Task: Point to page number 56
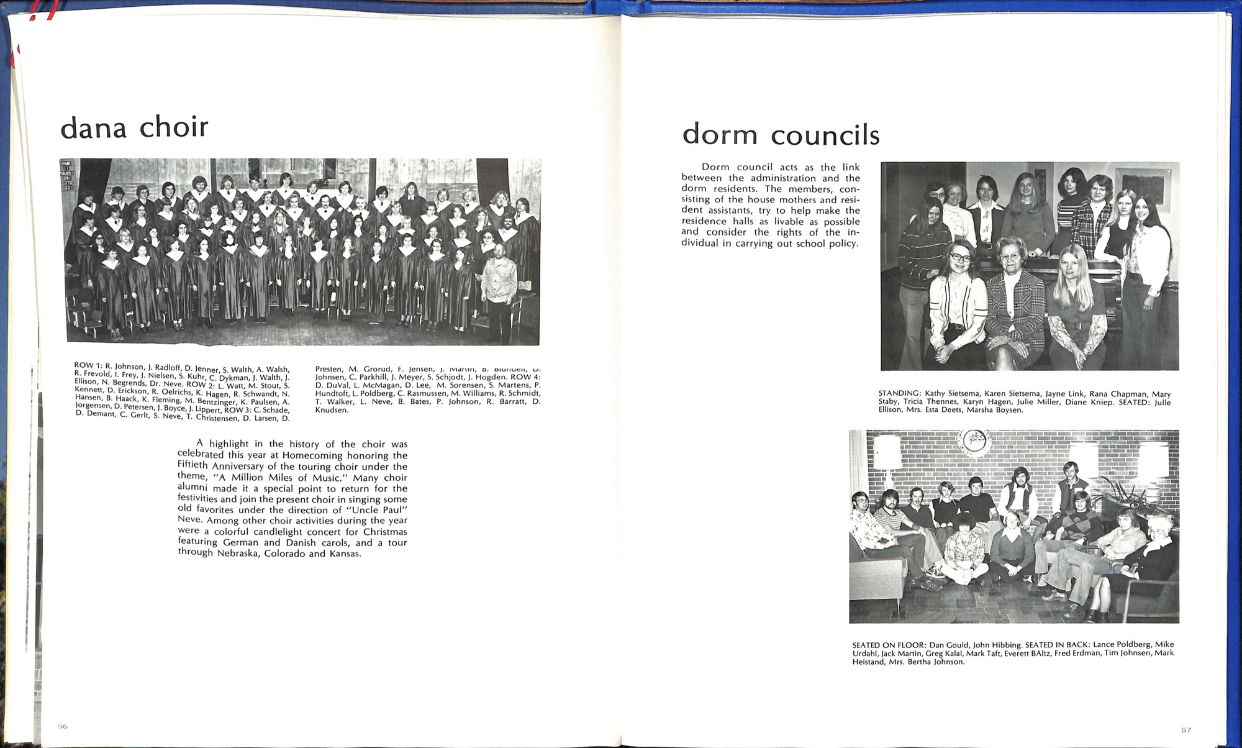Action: tap(63, 726)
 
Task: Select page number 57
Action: tap(1185, 729)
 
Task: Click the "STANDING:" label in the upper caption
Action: tap(899, 394)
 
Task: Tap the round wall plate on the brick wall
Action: tap(974, 442)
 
